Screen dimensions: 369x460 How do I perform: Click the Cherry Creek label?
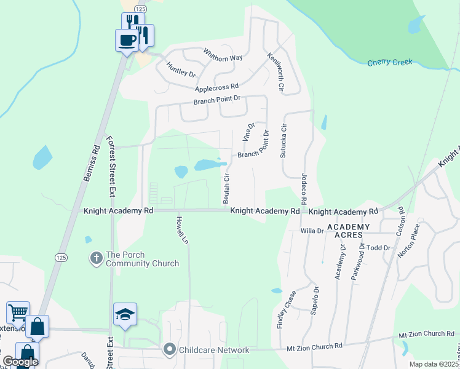click(389, 63)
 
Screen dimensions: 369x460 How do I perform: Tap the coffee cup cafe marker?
click(127, 41)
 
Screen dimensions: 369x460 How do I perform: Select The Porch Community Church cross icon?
click(96, 259)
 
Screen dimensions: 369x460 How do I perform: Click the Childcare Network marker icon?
click(170, 350)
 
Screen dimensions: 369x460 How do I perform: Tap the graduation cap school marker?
click(125, 315)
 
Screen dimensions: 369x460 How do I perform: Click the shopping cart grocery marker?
click(18, 312)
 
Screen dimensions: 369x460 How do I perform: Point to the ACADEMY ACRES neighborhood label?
click(348, 231)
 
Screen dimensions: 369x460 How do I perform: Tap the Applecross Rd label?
click(216, 88)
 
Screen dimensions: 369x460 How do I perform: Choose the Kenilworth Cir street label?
click(275, 72)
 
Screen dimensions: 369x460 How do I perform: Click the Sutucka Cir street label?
click(284, 141)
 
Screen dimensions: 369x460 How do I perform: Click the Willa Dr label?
click(312, 231)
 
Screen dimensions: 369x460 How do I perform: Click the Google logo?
click(20, 361)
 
